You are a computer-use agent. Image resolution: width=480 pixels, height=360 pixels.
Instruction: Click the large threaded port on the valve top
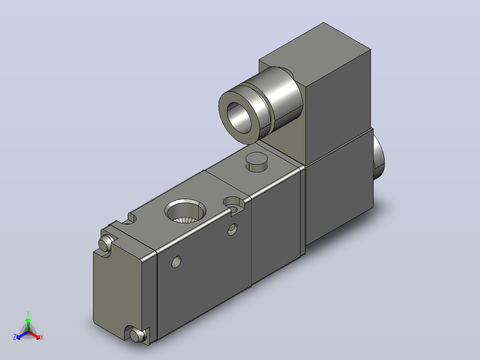tap(185, 212)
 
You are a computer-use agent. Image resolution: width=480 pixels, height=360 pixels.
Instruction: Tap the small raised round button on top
tap(257, 162)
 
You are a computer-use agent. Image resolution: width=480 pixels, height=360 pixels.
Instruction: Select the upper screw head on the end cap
tap(105, 244)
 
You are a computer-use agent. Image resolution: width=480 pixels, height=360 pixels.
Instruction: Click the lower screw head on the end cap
tap(138, 335)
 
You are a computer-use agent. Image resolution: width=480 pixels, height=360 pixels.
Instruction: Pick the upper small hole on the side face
tap(232, 229)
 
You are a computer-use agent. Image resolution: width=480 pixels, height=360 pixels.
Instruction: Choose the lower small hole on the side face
tap(176, 262)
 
